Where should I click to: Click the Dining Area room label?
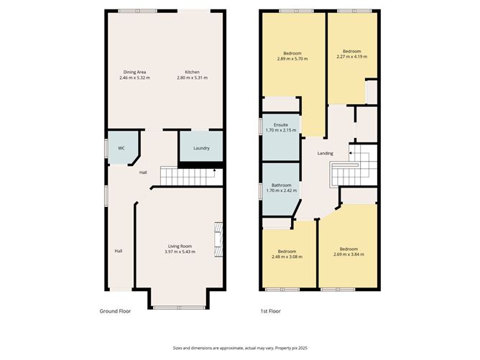(134, 72)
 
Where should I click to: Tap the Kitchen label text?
(192, 72)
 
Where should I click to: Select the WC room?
(121, 148)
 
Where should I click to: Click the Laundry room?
(201, 148)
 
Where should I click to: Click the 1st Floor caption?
(271, 312)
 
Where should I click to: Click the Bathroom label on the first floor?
(281, 185)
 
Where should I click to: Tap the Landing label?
(326, 153)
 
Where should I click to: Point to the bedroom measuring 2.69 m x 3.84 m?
(349, 251)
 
